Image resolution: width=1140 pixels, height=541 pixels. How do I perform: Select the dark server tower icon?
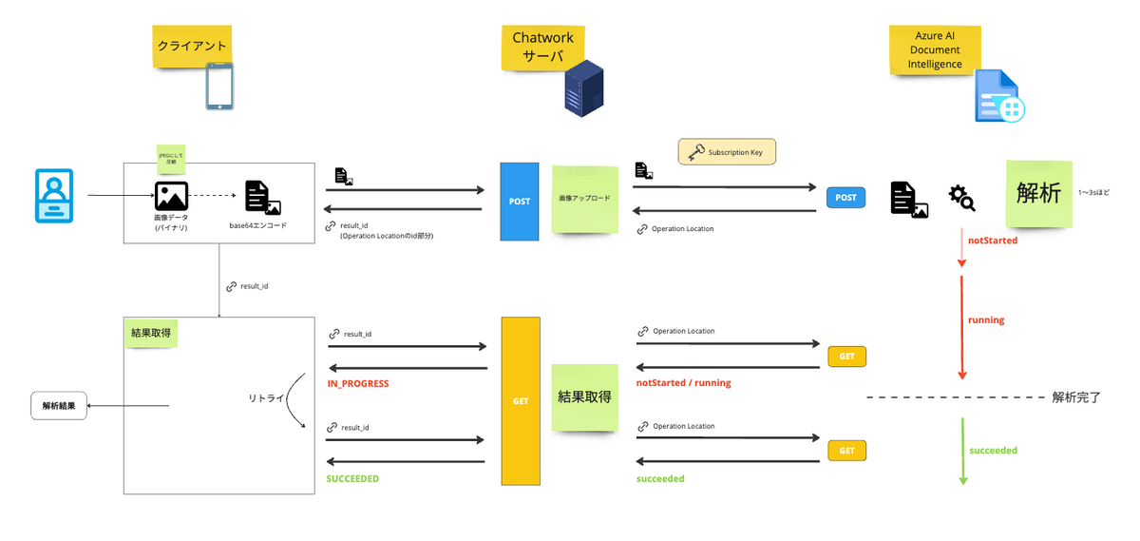point(583,87)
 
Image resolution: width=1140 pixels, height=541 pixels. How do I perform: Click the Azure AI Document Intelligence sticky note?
point(934,48)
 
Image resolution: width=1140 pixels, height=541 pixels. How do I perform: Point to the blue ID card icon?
point(54,196)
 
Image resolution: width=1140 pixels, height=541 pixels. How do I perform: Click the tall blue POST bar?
point(520,202)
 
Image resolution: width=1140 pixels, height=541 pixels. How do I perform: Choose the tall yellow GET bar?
point(521,401)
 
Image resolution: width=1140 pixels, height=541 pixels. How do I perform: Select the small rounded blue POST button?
point(845,198)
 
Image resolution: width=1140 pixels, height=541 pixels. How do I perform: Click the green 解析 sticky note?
point(1038,193)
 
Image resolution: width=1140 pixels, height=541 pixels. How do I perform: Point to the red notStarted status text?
point(993,241)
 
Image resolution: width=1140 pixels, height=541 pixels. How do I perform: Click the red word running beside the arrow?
point(986,320)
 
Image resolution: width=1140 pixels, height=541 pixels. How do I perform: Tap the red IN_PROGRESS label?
point(357,384)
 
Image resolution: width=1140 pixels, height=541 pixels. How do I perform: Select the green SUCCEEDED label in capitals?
point(352,479)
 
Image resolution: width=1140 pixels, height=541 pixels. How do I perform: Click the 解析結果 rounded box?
point(58,406)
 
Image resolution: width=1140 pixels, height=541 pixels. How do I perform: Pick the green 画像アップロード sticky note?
point(585,199)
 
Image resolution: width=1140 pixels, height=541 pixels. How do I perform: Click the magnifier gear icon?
point(961,198)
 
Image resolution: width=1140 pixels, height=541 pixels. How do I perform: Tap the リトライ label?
point(267,398)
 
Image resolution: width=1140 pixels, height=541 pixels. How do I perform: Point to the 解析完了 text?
point(1075,397)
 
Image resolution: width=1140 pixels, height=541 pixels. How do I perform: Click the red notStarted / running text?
point(683,383)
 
